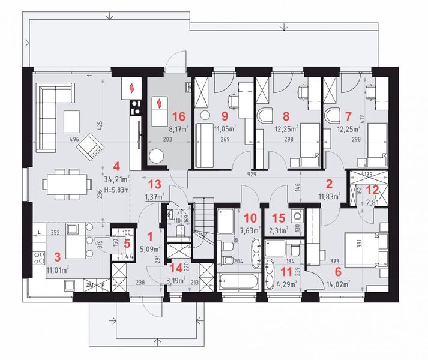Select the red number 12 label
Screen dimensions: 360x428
coord(372,189)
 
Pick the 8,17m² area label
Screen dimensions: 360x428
coord(178,127)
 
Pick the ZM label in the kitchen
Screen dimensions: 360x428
coord(89,284)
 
